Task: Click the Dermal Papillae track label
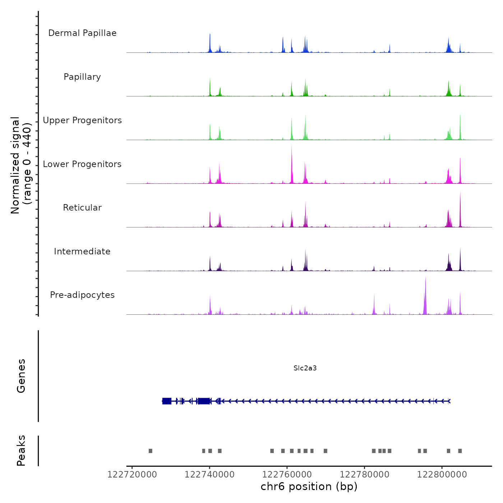tap(82, 33)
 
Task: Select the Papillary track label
tap(82, 77)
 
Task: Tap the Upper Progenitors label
tap(82, 120)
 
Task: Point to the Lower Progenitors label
tap(82, 164)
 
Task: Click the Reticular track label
tap(82, 208)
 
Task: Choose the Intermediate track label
tap(82, 251)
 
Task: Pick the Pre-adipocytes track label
tap(82, 295)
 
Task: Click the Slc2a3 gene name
tap(305, 368)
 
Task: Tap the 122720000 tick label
tap(132, 475)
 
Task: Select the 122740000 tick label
tap(209, 475)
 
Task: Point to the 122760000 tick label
tap(287, 475)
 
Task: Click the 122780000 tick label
tap(365, 475)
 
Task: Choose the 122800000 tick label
tap(442, 475)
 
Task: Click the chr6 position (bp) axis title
tap(309, 486)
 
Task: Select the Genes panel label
tap(21, 376)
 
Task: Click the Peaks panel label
tap(21, 451)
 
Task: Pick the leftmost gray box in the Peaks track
tap(151, 451)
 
